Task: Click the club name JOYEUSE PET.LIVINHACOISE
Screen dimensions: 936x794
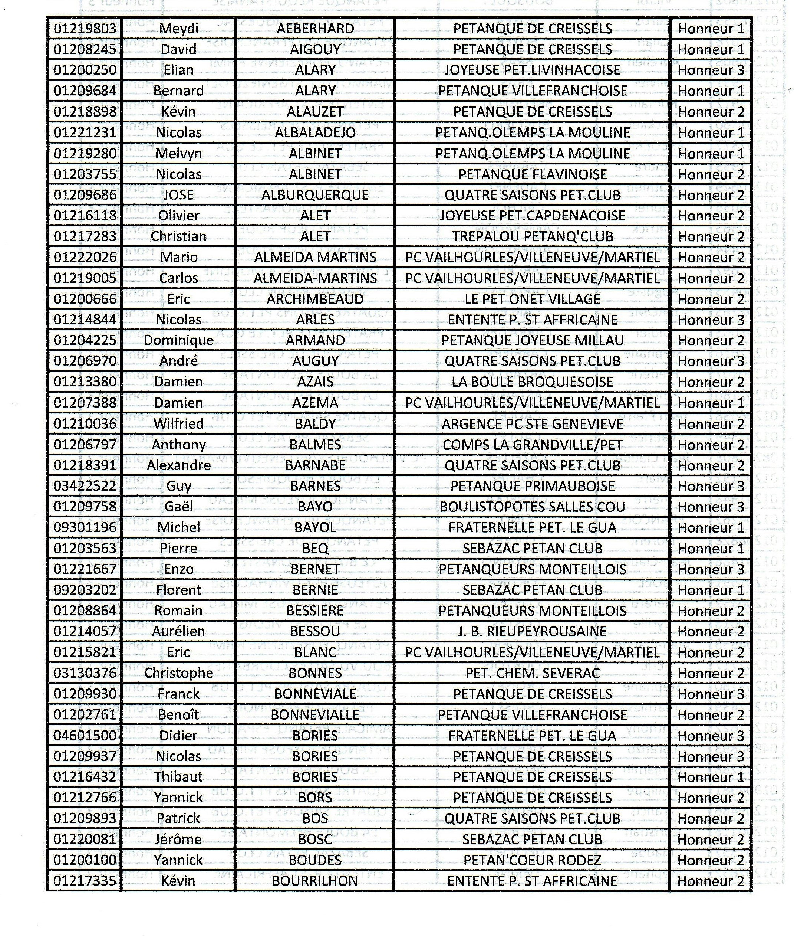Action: [532, 70]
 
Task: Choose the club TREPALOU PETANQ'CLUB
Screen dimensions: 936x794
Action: [532, 236]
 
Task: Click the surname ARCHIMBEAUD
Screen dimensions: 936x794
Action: [315, 299]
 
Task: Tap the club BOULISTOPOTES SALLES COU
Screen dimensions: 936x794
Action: [532, 507]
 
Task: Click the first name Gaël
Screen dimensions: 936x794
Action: [178, 507]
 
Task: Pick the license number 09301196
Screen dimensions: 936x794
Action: [85, 527]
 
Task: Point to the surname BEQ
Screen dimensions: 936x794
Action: [315, 548]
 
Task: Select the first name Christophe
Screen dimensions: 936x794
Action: [178, 673]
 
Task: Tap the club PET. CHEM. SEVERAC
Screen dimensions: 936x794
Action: [532, 673]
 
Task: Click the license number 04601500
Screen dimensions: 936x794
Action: [85, 736]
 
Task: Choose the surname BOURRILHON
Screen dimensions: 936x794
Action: [315, 881]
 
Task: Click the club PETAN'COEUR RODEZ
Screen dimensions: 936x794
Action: [532, 860]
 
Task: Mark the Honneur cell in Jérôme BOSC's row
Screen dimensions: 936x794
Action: [710, 840]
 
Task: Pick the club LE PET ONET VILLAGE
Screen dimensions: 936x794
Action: [532, 299]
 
